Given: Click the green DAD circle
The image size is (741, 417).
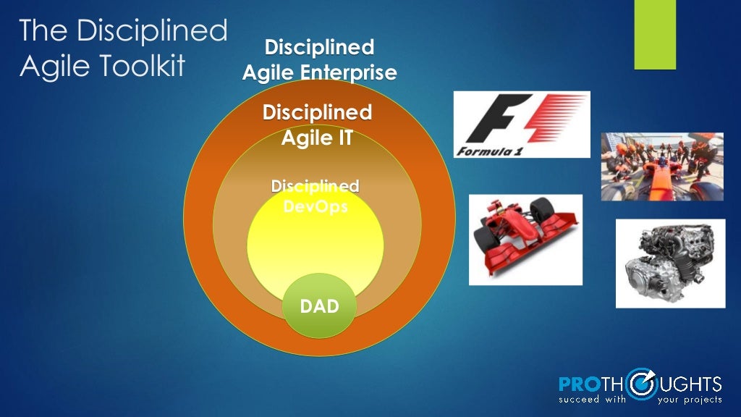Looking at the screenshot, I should pyautogui.click(x=320, y=306).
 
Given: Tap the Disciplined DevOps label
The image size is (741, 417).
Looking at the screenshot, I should pyautogui.click(x=315, y=196).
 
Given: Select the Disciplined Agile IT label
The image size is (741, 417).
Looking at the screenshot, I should pyautogui.click(x=317, y=125).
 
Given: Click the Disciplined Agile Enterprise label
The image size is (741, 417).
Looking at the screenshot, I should pyautogui.click(x=319, y=60).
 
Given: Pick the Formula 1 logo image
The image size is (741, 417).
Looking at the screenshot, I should pyautogui.click(x=521, y=125).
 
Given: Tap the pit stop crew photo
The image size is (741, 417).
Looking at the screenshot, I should pyautogui.click(x=661, y=167).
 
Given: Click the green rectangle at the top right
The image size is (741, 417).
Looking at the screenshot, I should pyautogui.click(x=654, y=35).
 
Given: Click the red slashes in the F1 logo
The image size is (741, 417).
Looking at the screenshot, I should pyautogui.click(x=554, y=119).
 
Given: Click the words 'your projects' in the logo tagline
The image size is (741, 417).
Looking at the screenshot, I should pyautogui.click(x=689, y=399).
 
